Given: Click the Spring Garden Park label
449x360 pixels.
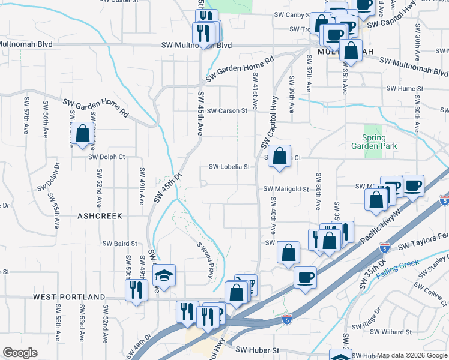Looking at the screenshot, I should [x=375, y=142].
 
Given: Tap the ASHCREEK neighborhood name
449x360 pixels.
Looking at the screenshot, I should [x=100, y=215].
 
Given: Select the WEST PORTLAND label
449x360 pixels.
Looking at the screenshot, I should [x=69, y=297].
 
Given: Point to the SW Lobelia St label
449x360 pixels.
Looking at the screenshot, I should [x=229, y=167].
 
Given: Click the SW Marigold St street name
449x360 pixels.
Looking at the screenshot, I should [x=286, y=188].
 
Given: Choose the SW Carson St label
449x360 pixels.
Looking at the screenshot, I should [x=227, y=111].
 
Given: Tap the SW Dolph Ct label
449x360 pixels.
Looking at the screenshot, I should [x=106, y=157].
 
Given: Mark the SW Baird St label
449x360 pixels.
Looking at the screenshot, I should [x=120, y=244].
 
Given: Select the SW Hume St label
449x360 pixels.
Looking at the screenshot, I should [x=405, y=88].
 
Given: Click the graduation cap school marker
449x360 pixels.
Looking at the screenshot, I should [x=164, y=275].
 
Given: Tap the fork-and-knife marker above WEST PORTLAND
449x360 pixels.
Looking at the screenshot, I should [x=136, y=291].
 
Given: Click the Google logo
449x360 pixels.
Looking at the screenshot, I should [x=20, y=353].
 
